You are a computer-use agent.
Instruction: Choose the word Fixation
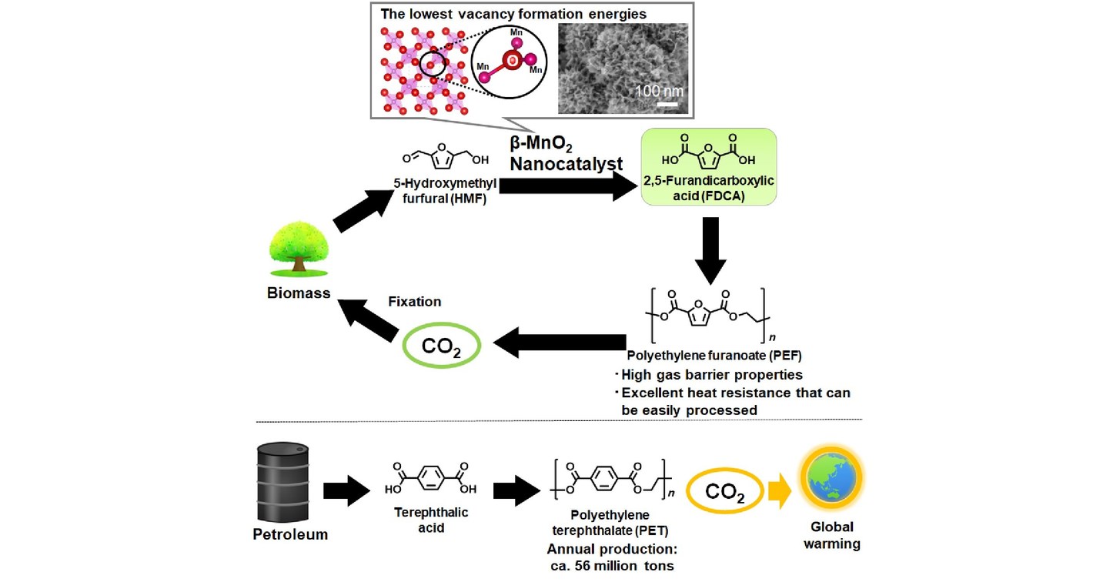click(414, 302)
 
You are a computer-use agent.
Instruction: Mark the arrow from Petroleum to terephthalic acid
click(347, 490)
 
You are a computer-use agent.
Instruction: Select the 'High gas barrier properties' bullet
click(712, 375)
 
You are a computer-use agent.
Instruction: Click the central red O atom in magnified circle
click(510, 59)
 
